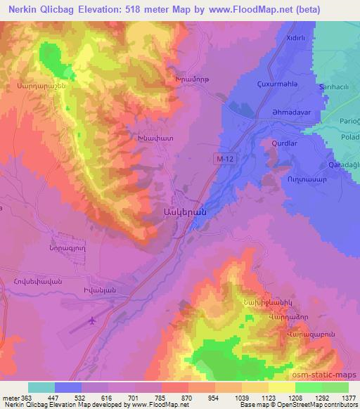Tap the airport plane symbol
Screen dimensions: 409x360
91,320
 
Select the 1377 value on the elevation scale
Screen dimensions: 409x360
347,397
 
